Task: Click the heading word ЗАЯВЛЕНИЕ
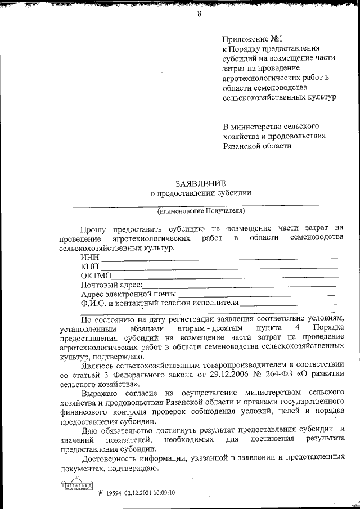pyautogui.click(x=201, y=183)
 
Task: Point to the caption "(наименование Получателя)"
pyautogui.click(x=201, y=211)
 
